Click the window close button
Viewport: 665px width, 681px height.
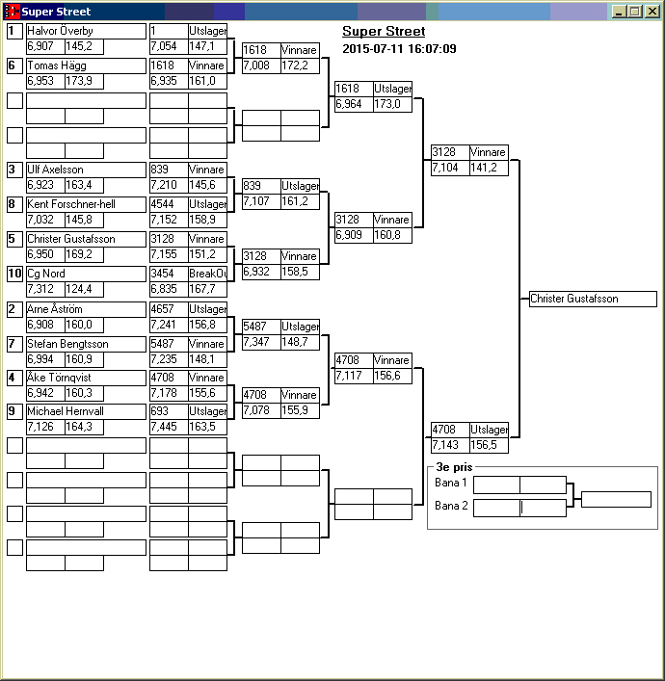[652, 12]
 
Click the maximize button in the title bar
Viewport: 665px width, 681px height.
[634, 12]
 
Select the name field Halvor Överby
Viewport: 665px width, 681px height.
[85, 32]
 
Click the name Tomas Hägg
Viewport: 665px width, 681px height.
[85, 65]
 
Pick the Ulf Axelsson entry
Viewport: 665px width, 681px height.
[85, 170]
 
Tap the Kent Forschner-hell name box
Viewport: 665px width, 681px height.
[85, 204]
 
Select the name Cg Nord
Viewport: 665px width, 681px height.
[85, 274]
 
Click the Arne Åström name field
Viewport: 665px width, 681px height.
[85, 309]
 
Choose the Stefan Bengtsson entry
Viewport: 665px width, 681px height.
[85, 344]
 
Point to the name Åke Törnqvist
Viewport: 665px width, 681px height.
[85, 378]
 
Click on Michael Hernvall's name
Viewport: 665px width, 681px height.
[85, 411]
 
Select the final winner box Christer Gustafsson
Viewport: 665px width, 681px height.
[592, 300]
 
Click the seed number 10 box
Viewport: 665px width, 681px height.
[14, 274]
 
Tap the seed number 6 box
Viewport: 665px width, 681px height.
[14, 65]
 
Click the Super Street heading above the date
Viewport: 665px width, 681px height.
[384, 32]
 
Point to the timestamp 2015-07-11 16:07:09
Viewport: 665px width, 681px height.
[399, 48]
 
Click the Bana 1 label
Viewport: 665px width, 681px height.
[450, 483]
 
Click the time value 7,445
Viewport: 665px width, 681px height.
[169, 427]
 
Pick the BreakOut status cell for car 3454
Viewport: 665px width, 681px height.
[207, 274]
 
